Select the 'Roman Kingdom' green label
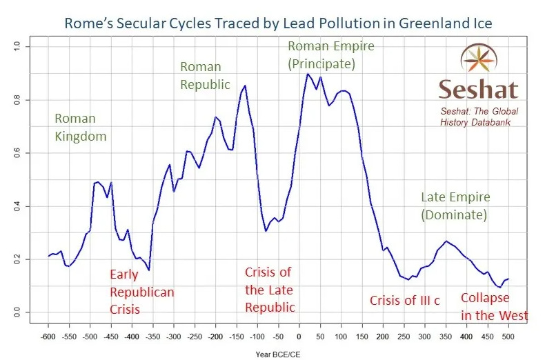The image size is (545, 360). (x=81, y=128)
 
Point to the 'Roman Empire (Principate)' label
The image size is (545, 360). (x=330, y=55)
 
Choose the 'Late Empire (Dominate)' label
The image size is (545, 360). (x=455, y=206)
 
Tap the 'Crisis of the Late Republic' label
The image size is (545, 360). (x=270, y=290)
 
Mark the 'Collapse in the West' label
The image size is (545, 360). (x=494, y=308)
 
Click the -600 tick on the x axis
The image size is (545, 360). (x=49, y=338)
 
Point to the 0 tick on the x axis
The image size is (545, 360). (x=298, y=338)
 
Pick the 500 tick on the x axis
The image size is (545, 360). (x=508, y=338)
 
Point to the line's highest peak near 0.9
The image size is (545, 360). (x=308, y=74)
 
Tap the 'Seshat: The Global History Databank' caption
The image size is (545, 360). (x=479, y=117)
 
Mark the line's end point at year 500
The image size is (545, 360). (x=508, y=279)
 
